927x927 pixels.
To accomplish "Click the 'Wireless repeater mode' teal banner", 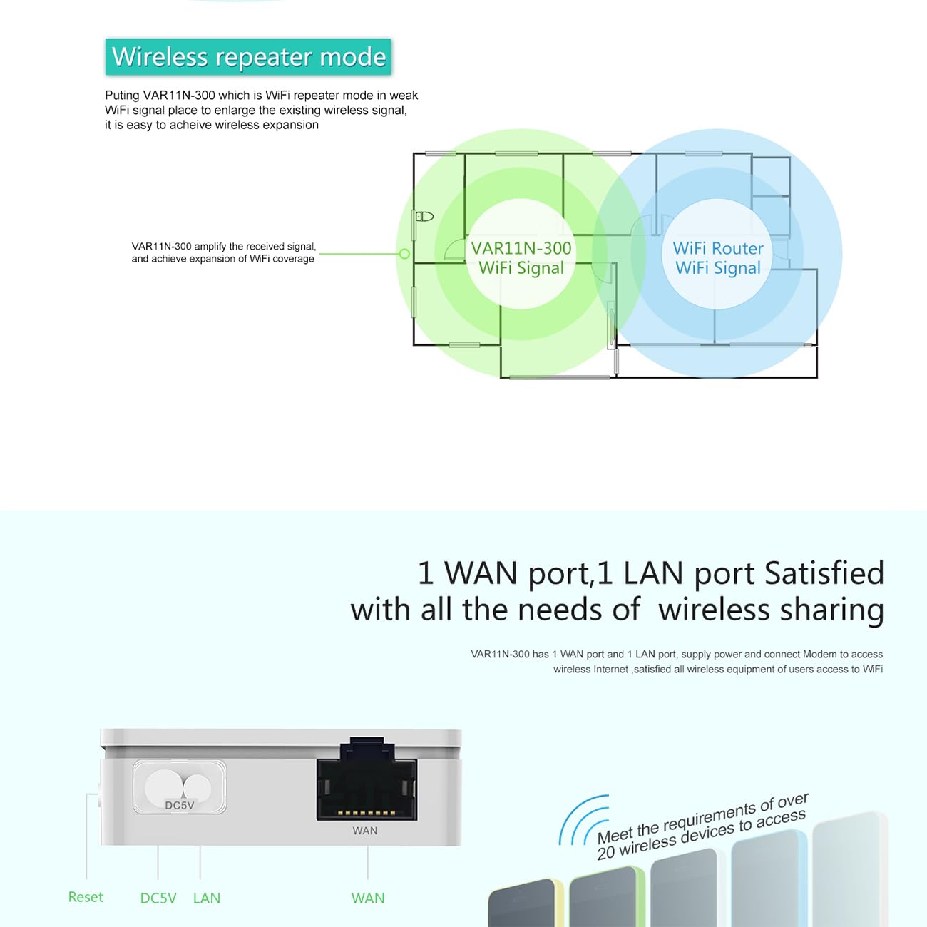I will point(248,57).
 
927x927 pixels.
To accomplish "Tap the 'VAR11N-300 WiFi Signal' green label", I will point(521,257).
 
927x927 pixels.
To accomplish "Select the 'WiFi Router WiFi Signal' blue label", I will point(718,257).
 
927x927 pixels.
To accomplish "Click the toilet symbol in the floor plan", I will point(425,216).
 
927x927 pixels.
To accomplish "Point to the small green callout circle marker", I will point(404,254).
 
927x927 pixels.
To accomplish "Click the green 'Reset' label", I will point(86,897).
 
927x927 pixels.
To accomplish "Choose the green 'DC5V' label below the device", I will point(158,898).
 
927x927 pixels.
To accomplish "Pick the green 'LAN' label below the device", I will point(207,898).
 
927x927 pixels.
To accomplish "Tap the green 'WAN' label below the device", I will point(368,898).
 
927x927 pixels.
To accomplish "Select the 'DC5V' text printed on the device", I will point(180,805).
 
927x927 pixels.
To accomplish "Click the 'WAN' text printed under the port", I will point(365,831).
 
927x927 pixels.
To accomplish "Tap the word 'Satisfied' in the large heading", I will point(824,573).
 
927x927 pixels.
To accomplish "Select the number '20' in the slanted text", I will point(606,853).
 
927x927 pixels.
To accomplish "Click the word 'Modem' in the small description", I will point(819,654).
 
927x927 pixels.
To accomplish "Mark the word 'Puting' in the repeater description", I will point(122,96).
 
